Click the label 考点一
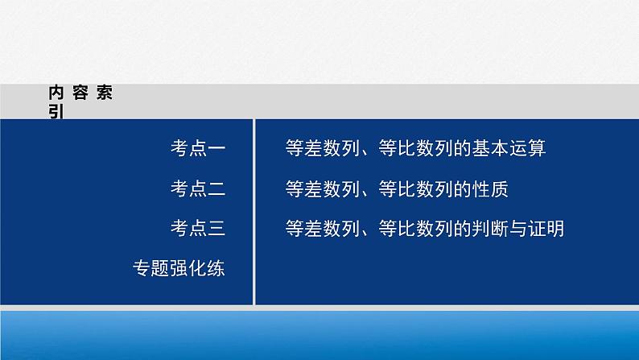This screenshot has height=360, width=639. point(197,148)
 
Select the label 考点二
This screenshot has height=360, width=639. point(197,189)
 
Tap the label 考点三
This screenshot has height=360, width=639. point(197,230)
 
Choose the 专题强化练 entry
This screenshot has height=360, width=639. point(178,270)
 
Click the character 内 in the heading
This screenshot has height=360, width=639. point(56,93)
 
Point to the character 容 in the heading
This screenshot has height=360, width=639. point(80,93)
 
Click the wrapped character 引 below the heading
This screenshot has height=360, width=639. point(56,112)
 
